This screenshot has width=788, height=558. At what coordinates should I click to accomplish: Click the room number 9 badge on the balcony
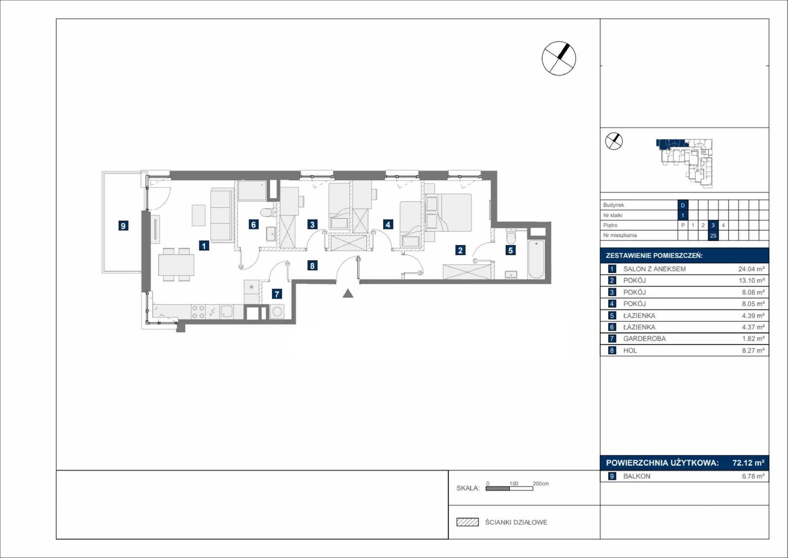pos(123,226)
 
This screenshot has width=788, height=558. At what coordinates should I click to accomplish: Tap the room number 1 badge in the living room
pos(204,245)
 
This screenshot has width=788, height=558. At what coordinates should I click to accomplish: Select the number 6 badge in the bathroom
pos(253,224)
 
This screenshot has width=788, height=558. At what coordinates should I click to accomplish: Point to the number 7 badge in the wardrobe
pos(277,294)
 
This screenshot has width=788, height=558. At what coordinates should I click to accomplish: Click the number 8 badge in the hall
pos(312,266)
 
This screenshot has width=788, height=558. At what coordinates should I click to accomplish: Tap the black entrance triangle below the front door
pos(348,293)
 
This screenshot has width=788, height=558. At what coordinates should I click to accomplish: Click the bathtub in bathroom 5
pos(536,259)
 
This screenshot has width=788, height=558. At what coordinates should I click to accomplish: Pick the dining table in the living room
pos(176,265)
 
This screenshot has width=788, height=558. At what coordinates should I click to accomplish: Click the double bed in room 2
pos(449,212)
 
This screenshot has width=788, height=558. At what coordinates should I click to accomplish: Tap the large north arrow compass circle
pos(558,59)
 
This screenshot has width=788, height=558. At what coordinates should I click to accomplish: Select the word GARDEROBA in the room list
pos(645,339)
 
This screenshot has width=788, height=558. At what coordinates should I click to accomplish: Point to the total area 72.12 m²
pos(748,462)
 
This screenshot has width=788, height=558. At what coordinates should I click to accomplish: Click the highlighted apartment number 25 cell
pos(713,236)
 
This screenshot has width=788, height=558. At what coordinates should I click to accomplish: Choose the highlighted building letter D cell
pos(683,205)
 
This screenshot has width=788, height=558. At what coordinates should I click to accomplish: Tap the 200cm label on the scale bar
pos(541,484)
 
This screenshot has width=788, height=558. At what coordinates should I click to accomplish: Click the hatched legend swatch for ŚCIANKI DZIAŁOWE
pos(467,522)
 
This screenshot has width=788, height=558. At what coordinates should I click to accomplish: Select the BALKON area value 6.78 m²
pos(753,476)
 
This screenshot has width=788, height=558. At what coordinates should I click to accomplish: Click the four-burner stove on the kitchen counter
pos(198,312)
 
